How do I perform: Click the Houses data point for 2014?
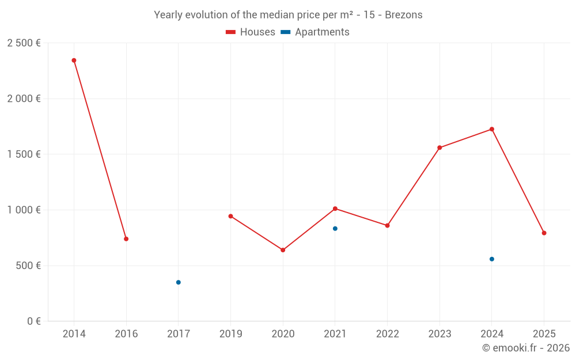tap(74, 60)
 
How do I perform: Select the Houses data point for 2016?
tap(126, 239)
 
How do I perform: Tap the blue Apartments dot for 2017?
tap(179, 282)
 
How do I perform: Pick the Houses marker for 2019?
tap(230, 217)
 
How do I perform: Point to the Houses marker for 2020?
tap(283, 250)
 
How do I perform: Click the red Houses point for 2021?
tap(335, 209)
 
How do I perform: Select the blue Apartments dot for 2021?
tap(335, 229)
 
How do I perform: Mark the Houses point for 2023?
tap(439, 148)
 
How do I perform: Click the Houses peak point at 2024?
tap(492, 129)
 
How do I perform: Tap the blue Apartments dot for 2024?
tap(492, 259)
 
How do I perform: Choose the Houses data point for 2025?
tap(544, 233)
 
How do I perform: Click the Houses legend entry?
tap(251, 32)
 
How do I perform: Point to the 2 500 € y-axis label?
tap(24, 43)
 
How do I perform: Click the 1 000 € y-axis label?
tap(24, 210)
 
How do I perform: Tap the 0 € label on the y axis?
tap(32, 321)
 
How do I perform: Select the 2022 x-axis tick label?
tap(387, 334)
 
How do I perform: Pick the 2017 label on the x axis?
tap(179, 334)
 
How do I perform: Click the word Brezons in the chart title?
tap(403, 15)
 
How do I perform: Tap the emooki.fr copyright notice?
tap(526, 348)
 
